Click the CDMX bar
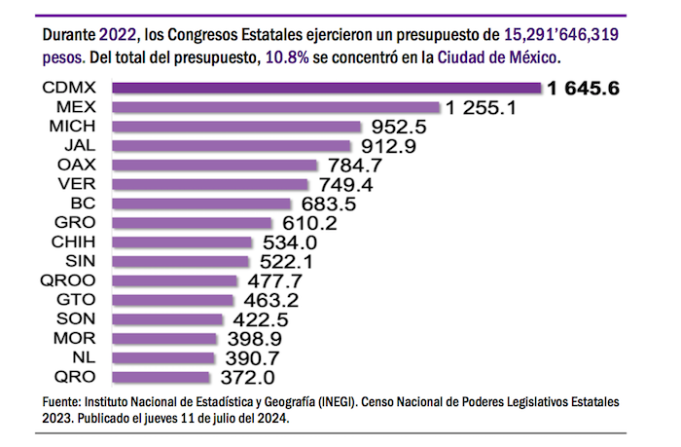326,89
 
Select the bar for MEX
276,107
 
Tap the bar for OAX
214,166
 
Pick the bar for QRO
161,377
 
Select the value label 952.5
401,128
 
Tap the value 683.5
327,205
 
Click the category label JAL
77,146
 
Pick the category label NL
82,357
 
